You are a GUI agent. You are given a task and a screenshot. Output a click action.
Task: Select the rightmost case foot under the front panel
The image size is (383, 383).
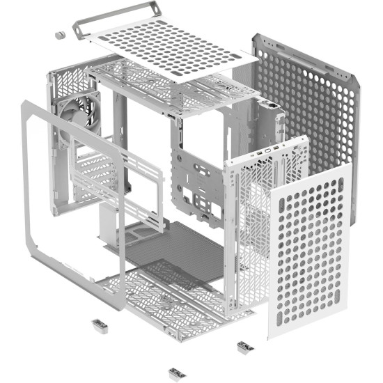[x=244, y=346]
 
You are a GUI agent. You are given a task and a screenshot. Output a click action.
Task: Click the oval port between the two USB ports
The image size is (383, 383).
[x=267, y=151]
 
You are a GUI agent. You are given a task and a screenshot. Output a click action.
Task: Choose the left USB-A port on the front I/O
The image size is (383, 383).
[x=258, y=153]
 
